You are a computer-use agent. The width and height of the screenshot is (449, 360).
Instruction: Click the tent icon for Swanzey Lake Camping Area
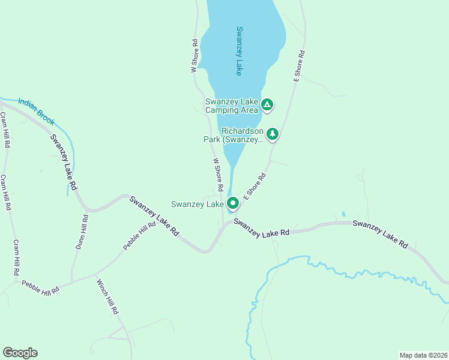[268, 106]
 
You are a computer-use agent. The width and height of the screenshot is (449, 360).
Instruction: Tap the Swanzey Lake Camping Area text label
[232, 106]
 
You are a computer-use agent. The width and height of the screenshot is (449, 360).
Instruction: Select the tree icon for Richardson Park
[273, 133]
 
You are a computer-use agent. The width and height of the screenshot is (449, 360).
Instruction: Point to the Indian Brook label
[36, 112]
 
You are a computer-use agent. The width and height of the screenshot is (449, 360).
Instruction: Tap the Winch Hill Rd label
[109, 298]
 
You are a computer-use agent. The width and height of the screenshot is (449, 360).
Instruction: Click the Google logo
[20, 353]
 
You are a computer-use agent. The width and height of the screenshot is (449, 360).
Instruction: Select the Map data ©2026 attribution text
[423, 355]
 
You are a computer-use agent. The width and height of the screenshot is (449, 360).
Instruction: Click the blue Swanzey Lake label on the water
[239, 51]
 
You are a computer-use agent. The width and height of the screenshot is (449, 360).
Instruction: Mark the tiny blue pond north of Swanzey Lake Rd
[343, 214]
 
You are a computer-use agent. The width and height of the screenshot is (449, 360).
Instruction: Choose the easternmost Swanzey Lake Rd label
[381, 234]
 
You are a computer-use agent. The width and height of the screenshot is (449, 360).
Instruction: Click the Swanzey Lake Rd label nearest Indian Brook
[64, 162]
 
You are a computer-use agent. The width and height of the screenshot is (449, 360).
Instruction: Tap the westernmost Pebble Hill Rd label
[40, 286]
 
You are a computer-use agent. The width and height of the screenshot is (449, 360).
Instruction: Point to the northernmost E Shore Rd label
[299, 66]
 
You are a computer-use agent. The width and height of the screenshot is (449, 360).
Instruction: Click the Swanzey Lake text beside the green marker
[197, 204]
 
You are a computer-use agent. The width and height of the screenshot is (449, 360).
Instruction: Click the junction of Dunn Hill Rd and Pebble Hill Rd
[73, 280]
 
